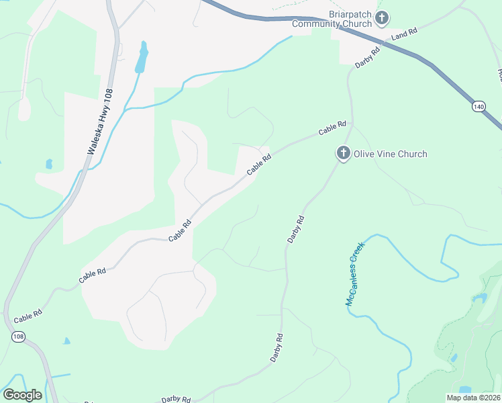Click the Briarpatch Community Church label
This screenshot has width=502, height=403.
pos(332,19)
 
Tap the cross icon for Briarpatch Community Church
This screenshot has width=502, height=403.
pos(382,18)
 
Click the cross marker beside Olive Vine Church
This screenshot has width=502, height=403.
pos(343,154)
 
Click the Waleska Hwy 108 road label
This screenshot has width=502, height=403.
pos(99,123)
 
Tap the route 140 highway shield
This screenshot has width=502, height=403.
pos(478,106)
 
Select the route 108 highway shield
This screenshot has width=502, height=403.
pos(17,335)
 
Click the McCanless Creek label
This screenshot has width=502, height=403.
pos(354,273)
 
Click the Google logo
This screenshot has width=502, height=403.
pos(22,395)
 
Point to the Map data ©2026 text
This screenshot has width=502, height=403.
pos(474,398)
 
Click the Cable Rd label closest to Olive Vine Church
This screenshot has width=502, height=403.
pos(332,128)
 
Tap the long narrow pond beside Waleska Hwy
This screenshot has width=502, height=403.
pos(141,58)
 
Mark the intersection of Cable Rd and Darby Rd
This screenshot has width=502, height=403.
pos(350,125)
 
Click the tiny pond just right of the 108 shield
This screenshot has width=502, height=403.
pos(66,341)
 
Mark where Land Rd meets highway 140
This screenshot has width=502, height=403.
pos(383,45)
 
